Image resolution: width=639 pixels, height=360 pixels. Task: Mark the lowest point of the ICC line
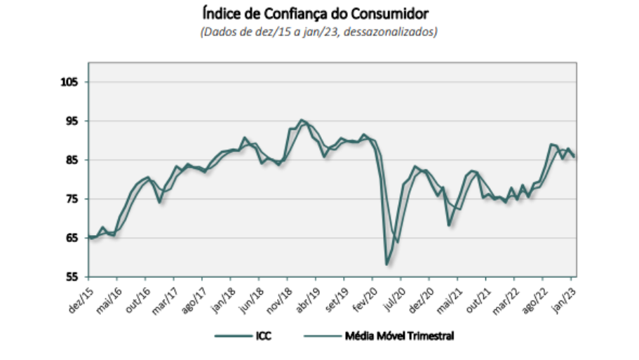pyautogui.click(x=386, y=265)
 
